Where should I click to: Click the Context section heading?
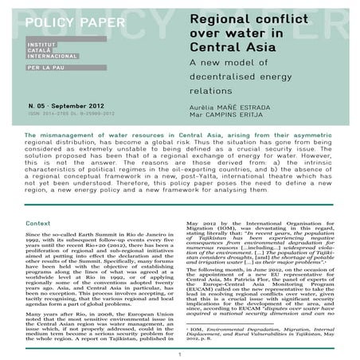tap(38, 202)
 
